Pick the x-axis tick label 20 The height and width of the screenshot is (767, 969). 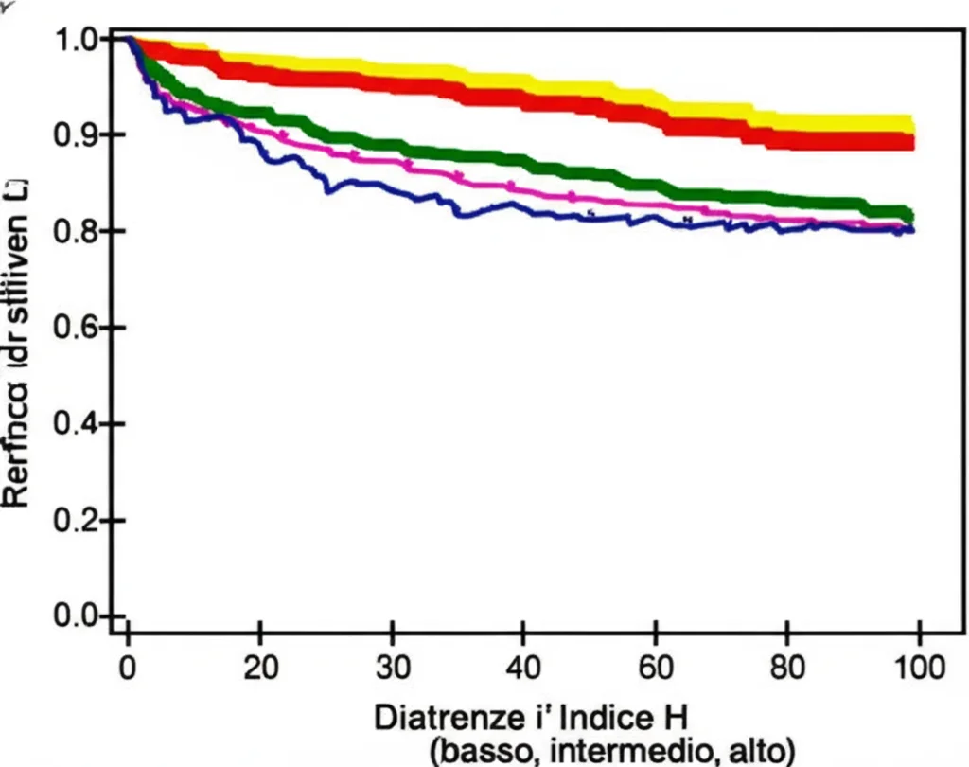(x=259, y=667)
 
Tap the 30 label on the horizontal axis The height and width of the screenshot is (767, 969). (x=392, y=667)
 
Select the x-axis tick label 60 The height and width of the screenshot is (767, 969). (x=654, y=667)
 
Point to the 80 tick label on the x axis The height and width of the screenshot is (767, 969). (x=786, y=667)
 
